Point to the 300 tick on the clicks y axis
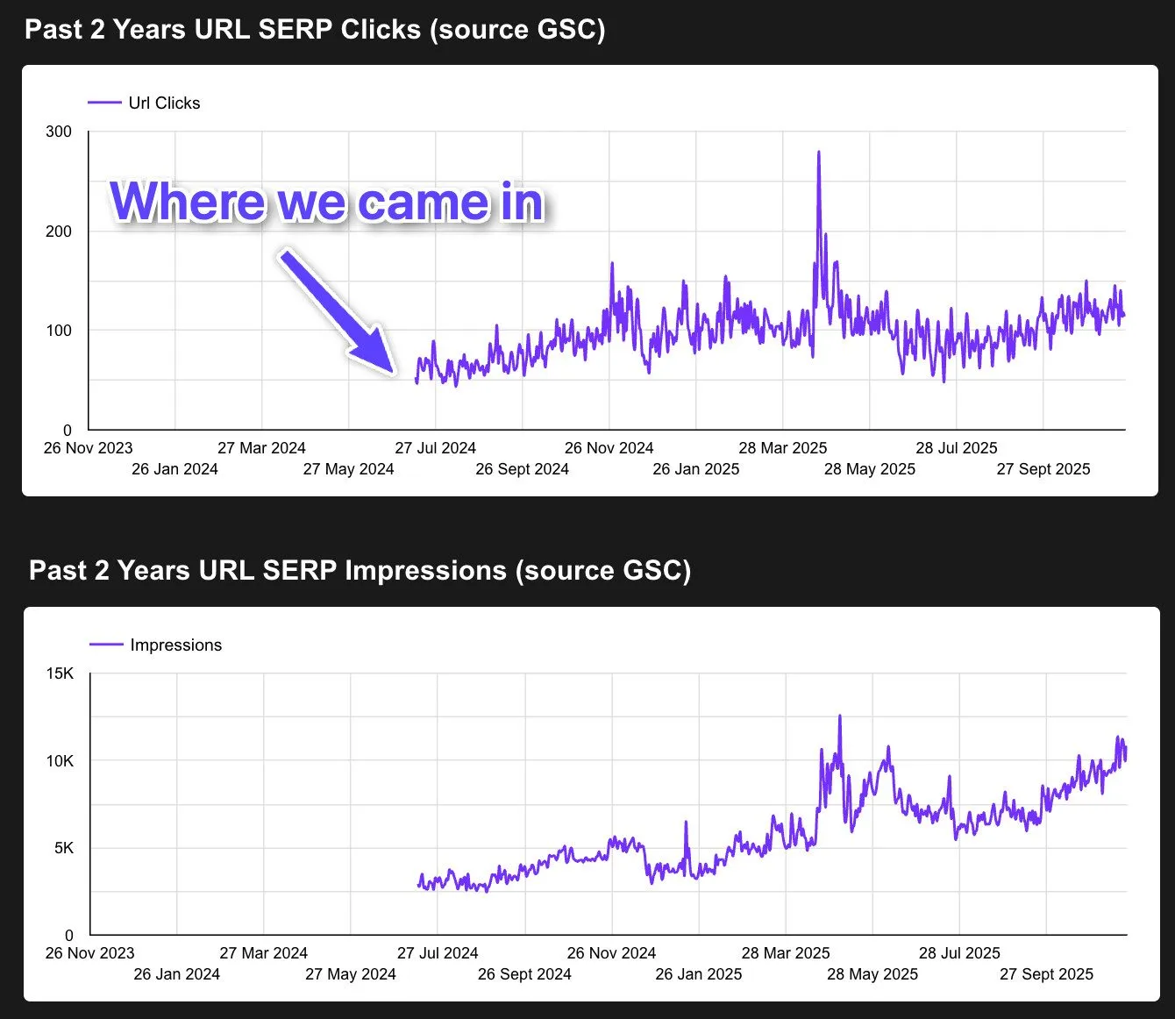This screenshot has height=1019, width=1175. click(59, 132)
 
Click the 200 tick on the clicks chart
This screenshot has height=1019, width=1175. click(59, 232)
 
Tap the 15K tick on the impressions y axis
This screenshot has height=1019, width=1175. click(60, 673)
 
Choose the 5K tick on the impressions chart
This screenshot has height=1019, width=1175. click(64, 848)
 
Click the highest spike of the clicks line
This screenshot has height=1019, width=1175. click(819, 153)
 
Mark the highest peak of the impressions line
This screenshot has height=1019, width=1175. click(839, 716)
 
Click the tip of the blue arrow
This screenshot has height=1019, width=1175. click(394, 372)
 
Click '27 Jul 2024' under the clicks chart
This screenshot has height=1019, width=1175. click(435, 448)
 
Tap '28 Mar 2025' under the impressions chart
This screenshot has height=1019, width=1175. click(785, 953)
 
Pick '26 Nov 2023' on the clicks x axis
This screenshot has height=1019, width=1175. click(88, 448)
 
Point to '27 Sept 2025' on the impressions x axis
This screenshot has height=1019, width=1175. click(1046, 974)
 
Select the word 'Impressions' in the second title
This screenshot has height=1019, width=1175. click(425, 571)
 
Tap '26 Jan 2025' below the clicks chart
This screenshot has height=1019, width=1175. click(695, 469)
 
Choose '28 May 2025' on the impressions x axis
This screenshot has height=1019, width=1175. click(872, 974)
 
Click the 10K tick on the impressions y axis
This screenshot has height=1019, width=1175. click(60, 761)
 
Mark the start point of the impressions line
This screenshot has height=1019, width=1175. click(418, 885)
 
